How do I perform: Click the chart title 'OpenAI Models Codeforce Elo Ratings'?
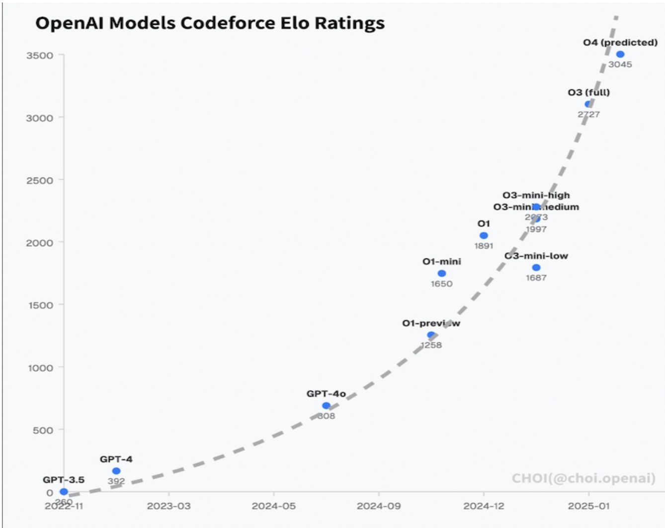coord(210,23)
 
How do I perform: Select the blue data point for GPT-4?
coord(116,471)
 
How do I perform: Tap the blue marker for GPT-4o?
coord(326,405)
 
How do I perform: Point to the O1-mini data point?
coord(441,273)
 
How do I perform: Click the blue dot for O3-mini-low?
coord(536,267)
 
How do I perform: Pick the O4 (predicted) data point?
coord(620,54)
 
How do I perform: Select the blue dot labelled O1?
coord(484,235)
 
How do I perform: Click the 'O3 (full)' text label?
coord(588,92)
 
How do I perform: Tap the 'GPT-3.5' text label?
coord(64,480)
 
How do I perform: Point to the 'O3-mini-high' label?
coord(536,195)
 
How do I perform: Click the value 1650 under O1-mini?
coord(441,284)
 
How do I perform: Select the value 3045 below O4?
coord(620,65)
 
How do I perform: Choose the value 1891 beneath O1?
coord(484,246)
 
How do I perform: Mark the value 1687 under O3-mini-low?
coord(536,278)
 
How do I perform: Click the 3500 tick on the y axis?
coord(40,56)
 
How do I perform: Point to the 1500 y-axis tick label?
coord(40,305)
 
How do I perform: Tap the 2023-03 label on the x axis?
coord(168,506)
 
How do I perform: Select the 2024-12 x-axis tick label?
coord(484,506)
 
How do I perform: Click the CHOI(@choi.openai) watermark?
coord(583,478)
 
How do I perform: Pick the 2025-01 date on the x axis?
coord(588,506)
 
